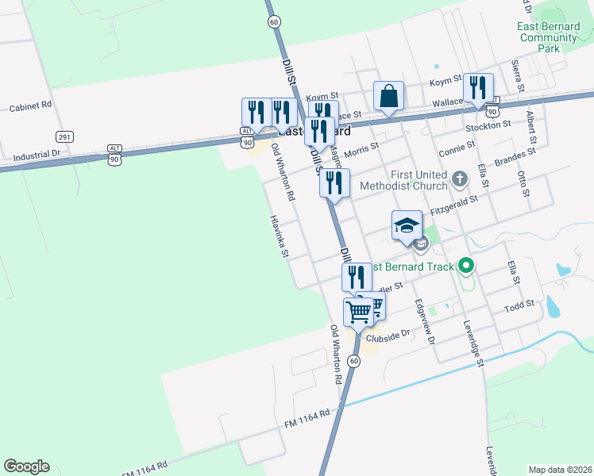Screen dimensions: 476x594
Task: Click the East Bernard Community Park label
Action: [548, 37]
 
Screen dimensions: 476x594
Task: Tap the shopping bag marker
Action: [388, 97]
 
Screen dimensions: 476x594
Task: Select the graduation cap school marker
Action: [407, 225]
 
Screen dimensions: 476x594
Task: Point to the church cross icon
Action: [459, 179]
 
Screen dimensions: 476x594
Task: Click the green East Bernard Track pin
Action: [467, 267]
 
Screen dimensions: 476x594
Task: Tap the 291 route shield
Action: [65, 137]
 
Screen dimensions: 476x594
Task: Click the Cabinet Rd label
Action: [30, 106]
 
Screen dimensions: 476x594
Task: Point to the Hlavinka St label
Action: [278, 236]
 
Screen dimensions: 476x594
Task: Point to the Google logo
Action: [26, 466]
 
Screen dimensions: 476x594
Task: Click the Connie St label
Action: [457, 148]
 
